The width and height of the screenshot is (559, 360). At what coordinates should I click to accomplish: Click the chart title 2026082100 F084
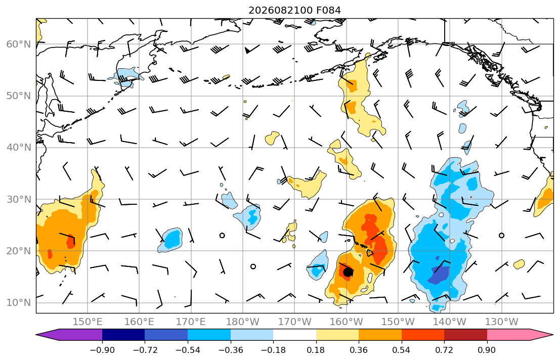click(x=294, y=10)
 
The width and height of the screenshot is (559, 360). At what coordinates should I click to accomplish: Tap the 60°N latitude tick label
click(x=19, y=44)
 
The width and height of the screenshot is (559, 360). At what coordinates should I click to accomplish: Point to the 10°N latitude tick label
click(x=19, y=303)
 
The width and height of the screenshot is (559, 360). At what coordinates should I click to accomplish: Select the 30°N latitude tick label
click(x=19, y=199)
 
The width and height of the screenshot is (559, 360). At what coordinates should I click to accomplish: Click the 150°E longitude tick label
click(x=88, y=322)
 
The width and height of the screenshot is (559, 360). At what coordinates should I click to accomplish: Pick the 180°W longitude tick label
click(x=243, y=322)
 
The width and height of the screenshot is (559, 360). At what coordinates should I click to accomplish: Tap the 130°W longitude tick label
click(x=502, y=322)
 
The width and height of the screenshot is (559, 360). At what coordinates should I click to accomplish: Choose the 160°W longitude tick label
click(x=346, y=322)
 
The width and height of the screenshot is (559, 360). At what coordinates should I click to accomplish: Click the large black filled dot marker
click(x=348, y=273)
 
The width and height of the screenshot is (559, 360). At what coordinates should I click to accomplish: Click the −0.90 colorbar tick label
click(x=102, y=350)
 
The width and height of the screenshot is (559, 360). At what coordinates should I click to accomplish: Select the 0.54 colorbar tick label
click(x=402, y=350)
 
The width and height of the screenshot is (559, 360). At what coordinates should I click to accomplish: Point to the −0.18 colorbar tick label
click(x=273, y=350)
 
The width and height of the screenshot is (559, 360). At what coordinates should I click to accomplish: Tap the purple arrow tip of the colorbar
click(x=37, y=335)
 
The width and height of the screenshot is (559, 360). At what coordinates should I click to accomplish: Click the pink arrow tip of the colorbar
click(x=552, y=335)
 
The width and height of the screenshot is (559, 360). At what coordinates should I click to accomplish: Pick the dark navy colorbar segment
click(x=123, y=335)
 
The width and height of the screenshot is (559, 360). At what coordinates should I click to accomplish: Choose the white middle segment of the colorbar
click(x=294, y=335)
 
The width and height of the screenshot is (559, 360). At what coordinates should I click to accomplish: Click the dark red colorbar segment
click(x=465, y=335)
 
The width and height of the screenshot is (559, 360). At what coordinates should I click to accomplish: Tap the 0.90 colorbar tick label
click(x=487, y=350)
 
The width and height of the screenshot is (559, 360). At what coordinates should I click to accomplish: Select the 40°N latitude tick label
click(x=19, y=148)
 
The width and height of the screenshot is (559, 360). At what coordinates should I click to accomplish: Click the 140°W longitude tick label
click(x=450, y=322)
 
